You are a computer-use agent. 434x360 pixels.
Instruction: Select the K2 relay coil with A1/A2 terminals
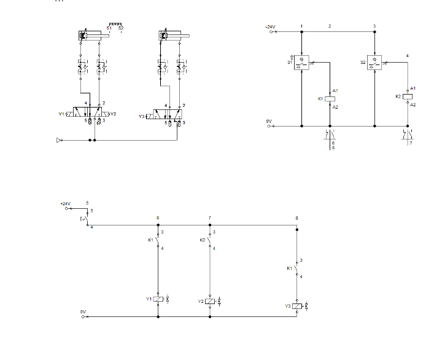(x=408, y=97)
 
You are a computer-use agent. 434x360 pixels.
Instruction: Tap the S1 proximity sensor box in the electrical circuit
(x=301, y=63)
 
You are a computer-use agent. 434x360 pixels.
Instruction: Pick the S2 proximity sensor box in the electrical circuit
(x=374, y=63)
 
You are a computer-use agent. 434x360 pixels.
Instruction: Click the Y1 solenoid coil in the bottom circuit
(x=158, y=300)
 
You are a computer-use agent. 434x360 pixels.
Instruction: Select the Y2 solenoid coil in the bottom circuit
(x=211, y=301)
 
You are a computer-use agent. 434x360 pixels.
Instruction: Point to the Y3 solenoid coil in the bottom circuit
(x=297, y=306)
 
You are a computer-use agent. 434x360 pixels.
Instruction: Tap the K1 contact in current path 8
(x=297, y=269)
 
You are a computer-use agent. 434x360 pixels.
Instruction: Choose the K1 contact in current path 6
(x=158, y=240)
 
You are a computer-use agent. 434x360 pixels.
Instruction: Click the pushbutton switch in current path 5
(x=86, y=219)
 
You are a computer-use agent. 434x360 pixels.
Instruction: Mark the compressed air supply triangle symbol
(x=59, y=140)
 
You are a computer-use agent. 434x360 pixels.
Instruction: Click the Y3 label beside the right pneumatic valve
(x=141, y=115)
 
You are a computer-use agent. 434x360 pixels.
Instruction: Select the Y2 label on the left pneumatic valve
(x=113, y=114)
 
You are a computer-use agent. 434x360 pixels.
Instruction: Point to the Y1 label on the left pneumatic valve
(x=61, y=114)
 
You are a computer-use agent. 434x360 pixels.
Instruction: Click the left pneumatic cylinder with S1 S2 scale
(x=92, y=37)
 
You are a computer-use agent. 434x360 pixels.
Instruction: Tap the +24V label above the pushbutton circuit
(x=66, y=203)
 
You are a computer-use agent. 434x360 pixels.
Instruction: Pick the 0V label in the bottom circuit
(x=83, y=311)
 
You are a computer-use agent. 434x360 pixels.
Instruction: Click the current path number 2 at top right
(x=330, y=26)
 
